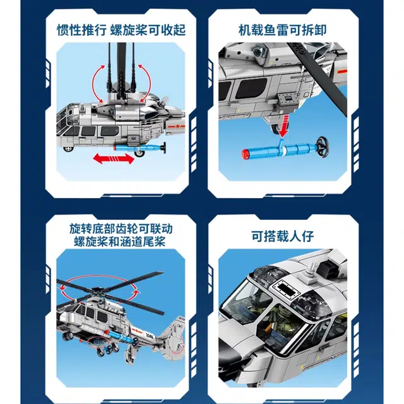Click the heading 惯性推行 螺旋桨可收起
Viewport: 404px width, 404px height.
click(121, 30)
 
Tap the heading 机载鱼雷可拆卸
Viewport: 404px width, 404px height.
click(283, 30)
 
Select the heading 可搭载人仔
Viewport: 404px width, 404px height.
click(283, 236)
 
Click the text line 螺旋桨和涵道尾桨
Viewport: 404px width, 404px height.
click(119, 242)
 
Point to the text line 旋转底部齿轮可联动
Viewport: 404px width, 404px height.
click(121, 229)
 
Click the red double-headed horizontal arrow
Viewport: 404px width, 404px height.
click(114, 158)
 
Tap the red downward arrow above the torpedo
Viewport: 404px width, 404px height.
click(284, 126)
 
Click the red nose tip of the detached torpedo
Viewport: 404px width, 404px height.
click(246, 153)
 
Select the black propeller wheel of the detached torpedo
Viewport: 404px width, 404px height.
click(323, 146)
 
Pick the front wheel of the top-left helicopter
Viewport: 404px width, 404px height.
click(68, 149)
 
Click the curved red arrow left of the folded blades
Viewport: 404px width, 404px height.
click(99, 83)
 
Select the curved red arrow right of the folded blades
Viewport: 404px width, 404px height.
click(145, 83)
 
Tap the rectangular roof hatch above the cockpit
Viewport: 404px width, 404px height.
click(287, 288)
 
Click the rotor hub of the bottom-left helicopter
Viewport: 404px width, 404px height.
click(98, 293)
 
